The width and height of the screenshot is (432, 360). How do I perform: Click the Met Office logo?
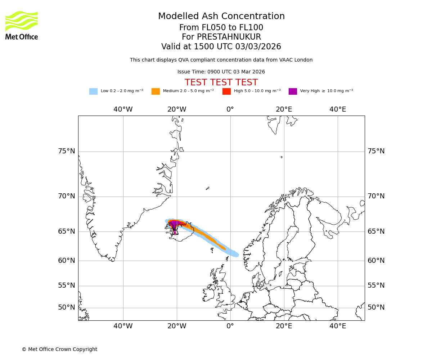pyautogui.click(x=22, y=25)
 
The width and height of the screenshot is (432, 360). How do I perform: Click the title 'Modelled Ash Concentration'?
pyautogui.click(x=221, y=17)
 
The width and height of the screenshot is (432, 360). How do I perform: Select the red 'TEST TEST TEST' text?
pyautogui.click(x=221, y=83)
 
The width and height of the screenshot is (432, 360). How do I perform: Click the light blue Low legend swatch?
pyautogui.click(x=93, y=91)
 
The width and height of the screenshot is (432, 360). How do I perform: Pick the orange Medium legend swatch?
pyautogui.click(x=156, y=91)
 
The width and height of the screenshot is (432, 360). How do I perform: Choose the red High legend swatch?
pyautogui.click(x=226, y=91)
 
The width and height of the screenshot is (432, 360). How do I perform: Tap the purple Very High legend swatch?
pyautogui.click(x=293, y=91)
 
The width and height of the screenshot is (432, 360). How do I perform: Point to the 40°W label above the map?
pyautogui.click(x=123, y=109)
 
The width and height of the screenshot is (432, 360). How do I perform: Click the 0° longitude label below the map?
pyautogui.click(x=230, y=326)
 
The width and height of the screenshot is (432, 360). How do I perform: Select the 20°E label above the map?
pyautogui.click(x=284, y=109)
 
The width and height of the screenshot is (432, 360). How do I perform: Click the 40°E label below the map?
pyautogui.click(x=338, y=326)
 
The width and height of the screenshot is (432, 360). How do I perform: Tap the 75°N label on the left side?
pyautogui.click(x=67, y=151)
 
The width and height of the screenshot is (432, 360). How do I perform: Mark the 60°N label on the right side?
pyautogui.click(x=376, y=261)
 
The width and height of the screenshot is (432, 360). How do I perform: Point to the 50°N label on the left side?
pyautogui.click(x=67, y=307)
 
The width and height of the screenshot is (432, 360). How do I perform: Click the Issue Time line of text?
pyautogui.click(x=221, y=72)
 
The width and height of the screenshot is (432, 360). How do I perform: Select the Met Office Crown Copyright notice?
pyautogui.click(x=59, y=349)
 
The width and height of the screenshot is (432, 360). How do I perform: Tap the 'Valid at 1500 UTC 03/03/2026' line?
pyautogui.click(x=221, y=47)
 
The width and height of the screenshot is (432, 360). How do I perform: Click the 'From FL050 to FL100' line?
pyautogui.click(x=221, y=28)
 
